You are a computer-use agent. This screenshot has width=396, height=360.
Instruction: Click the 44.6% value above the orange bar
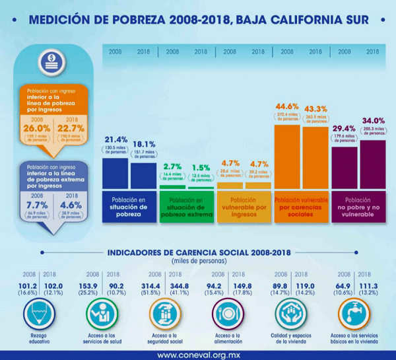point(288,106)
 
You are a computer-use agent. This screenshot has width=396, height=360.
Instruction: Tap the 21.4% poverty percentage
point(115,140)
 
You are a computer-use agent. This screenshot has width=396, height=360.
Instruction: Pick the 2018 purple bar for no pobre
point(372,163)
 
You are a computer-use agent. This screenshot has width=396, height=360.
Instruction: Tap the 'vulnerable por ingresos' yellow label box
point(244,206)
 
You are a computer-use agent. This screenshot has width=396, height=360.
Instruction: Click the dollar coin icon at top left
point(51,59)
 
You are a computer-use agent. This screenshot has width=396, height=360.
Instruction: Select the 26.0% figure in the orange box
point(36,128)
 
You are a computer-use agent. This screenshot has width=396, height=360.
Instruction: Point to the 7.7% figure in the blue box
point(36,205)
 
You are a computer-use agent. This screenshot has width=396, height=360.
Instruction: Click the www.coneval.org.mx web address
point(198,354)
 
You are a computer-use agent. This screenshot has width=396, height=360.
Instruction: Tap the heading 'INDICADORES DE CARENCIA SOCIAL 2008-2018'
point(197,252)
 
